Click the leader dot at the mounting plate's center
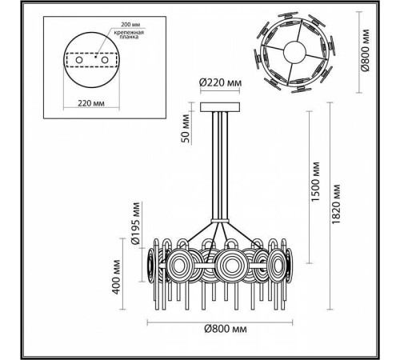tap(95, 58)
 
